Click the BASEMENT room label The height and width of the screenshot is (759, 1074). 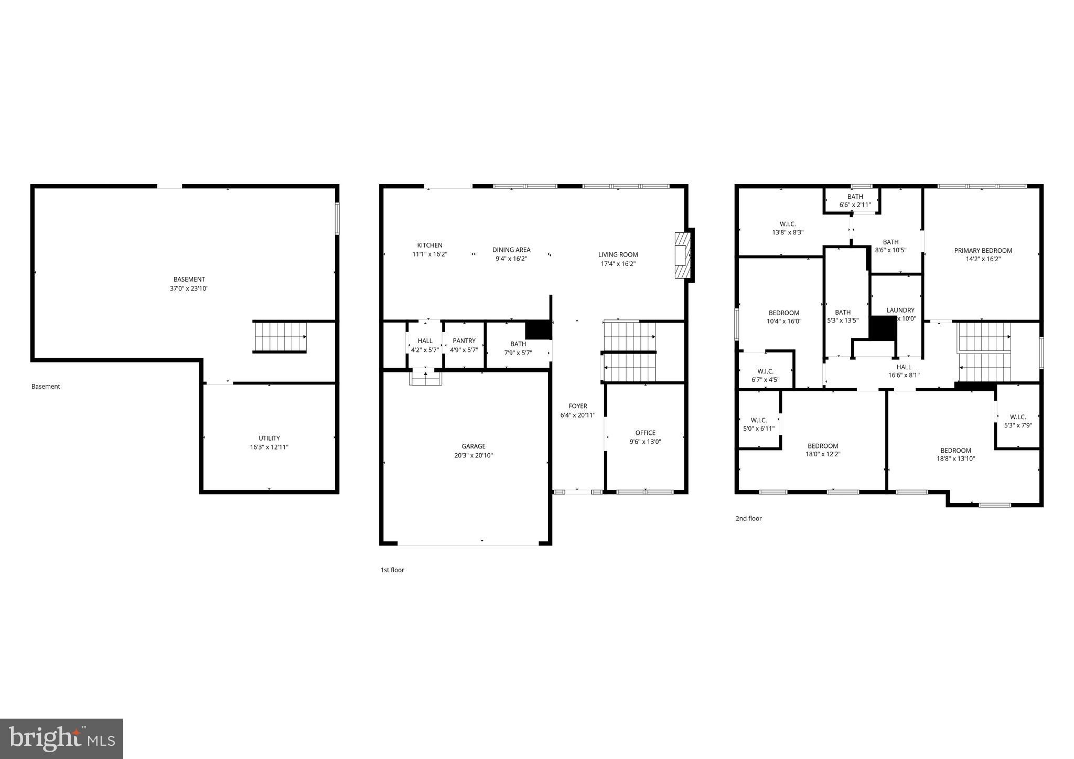189,280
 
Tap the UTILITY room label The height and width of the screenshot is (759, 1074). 269,439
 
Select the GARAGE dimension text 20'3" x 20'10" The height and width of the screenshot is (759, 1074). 474,455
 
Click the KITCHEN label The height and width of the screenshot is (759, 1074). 429,245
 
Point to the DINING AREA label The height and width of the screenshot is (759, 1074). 511,250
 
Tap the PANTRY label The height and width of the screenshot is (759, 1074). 464,341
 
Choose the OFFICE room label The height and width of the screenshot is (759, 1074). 645,433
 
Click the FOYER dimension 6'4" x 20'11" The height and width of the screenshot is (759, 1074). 577,415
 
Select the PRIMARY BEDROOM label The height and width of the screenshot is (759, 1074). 983,251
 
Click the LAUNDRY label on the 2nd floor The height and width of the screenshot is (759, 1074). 900,311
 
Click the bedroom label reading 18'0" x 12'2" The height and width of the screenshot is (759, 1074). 822,454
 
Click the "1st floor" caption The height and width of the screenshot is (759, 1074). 392,570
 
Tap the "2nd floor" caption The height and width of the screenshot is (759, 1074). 748,519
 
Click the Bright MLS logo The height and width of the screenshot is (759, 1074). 62,739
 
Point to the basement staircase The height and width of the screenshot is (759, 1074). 280,337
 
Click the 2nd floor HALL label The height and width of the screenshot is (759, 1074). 904,367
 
